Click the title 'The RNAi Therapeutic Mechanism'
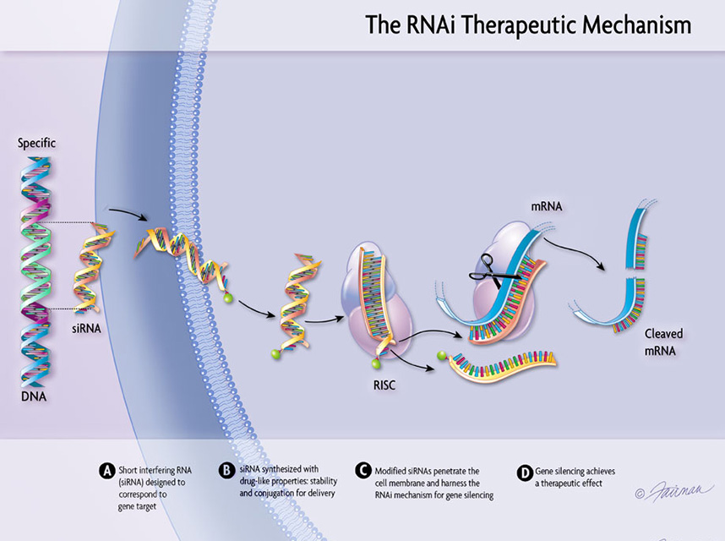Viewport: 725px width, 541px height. click(x=527, y=25)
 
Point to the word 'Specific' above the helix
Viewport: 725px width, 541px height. click(x=37, y=143)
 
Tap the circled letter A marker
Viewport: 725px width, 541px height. click(x=106, y=470)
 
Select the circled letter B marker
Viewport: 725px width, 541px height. click(x=226, y=470)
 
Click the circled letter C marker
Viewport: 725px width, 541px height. click(x=362, y=470)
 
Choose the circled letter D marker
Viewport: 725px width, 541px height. click(x=524, y=470)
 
